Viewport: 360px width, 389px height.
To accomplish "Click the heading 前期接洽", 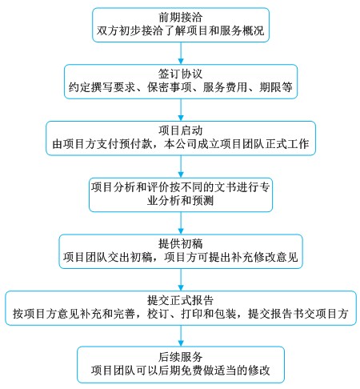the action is pos(181,18).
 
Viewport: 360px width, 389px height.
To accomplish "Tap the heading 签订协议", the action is pos(181,74).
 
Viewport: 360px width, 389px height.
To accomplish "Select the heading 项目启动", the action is pos(181,130).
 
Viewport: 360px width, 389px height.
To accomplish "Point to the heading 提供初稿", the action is pos(181,243).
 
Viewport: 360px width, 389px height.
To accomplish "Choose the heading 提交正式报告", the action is pos(181,300).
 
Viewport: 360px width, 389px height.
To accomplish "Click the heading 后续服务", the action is pos(181,356).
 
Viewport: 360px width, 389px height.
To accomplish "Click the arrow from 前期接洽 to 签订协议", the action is pos(181,53).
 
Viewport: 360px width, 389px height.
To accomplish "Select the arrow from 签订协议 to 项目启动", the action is pos(181,110).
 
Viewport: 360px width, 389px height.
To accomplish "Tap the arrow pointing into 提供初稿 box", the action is pos(181,223).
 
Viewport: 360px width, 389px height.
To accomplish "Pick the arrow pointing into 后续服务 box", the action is pos(181,336).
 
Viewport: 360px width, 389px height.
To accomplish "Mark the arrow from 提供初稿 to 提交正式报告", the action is pos(181,279).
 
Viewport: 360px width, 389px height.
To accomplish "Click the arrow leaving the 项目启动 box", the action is pos(181,166).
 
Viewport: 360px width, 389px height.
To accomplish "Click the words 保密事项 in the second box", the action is pos(170,87).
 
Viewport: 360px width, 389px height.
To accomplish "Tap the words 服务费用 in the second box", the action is pos(225,87).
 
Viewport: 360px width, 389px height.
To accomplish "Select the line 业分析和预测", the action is pos(181,200).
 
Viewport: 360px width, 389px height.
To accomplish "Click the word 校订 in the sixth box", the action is pos(158,314).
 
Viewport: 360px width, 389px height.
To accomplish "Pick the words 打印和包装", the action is pos(209,314).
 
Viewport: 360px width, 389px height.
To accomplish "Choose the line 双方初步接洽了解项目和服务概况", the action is pos(181,30).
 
